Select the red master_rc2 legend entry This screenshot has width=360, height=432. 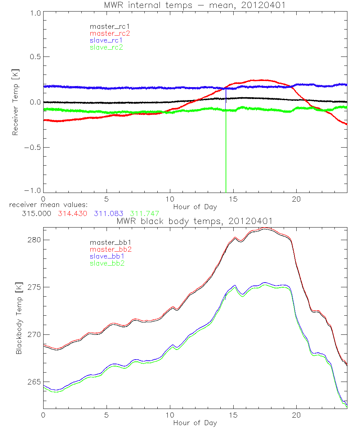tap(110, 33)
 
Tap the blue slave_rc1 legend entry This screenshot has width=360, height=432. tap(106, 40)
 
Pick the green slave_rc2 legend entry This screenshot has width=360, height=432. tap(106, 47)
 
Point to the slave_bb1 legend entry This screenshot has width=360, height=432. tap(106, 256)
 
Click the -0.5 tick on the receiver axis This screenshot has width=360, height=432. tap(31, 147)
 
